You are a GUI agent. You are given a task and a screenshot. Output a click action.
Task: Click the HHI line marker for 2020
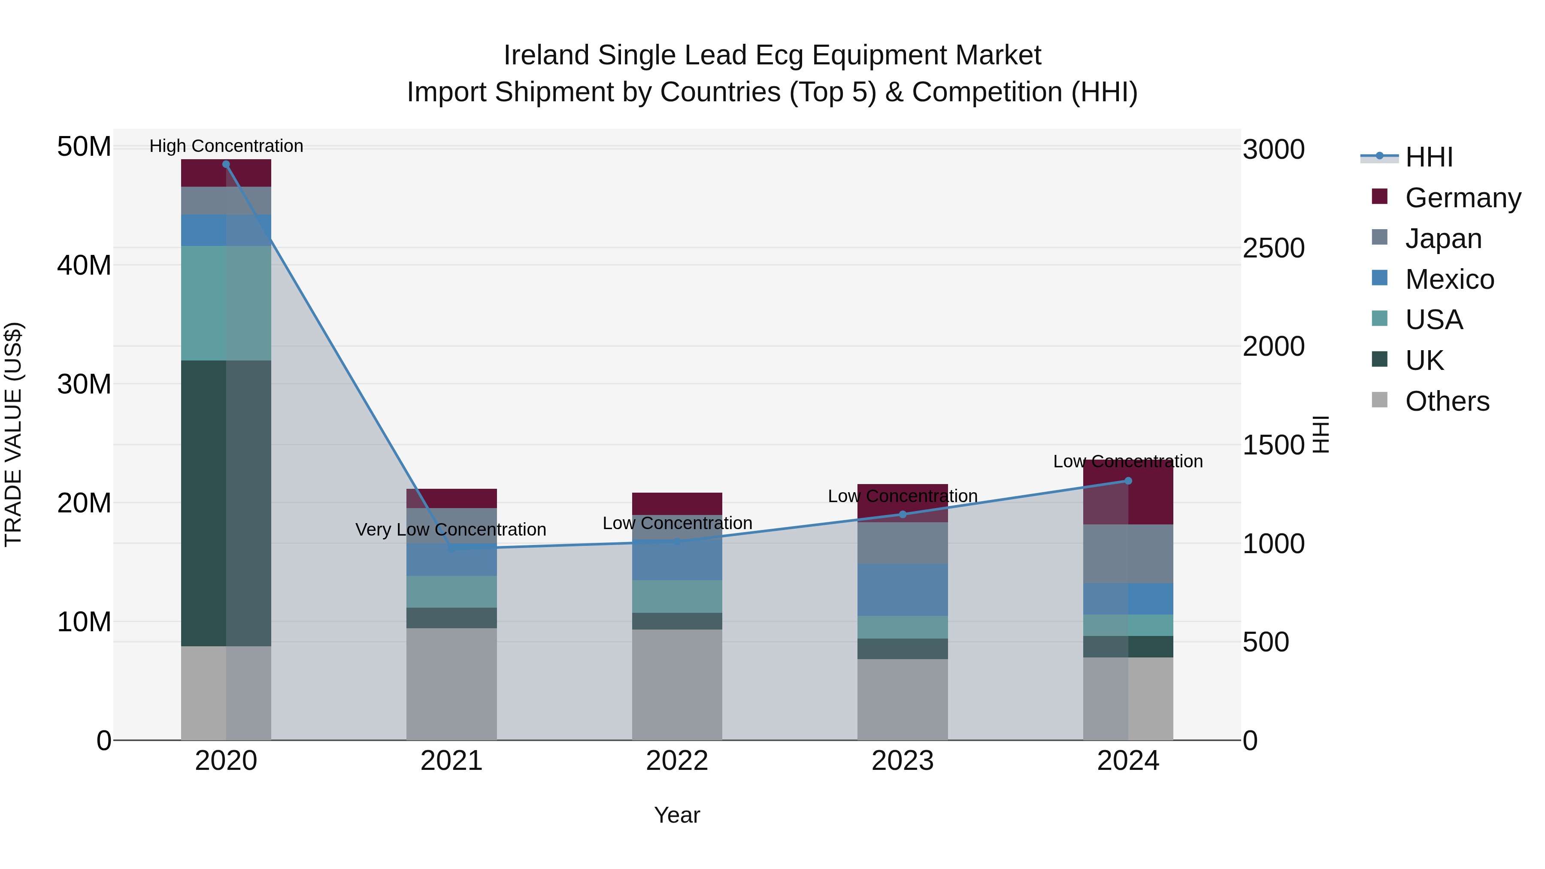pos(226,164)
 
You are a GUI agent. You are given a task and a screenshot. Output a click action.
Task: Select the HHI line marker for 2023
pos(902,514)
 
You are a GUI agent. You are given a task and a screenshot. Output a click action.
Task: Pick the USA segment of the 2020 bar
pos(226,303)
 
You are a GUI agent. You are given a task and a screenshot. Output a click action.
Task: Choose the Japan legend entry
pos(1442,239)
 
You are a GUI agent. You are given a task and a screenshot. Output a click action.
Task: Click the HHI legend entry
pos(1428,157)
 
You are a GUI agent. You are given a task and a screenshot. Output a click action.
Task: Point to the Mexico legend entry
pos(1448,279)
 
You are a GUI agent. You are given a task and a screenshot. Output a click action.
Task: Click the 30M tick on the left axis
pos(84,384)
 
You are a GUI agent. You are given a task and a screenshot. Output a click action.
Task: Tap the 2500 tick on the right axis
pos(1273,248)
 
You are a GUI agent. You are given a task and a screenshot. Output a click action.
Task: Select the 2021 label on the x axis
pos(451,761)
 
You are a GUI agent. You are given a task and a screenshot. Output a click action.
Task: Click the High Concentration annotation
pos(226,146)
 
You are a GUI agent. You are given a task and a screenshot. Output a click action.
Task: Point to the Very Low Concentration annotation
pos(451,530)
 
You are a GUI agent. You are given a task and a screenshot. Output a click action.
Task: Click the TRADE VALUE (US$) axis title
pos(13,434)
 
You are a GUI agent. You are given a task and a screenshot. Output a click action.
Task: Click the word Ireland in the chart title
pos(546,55)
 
